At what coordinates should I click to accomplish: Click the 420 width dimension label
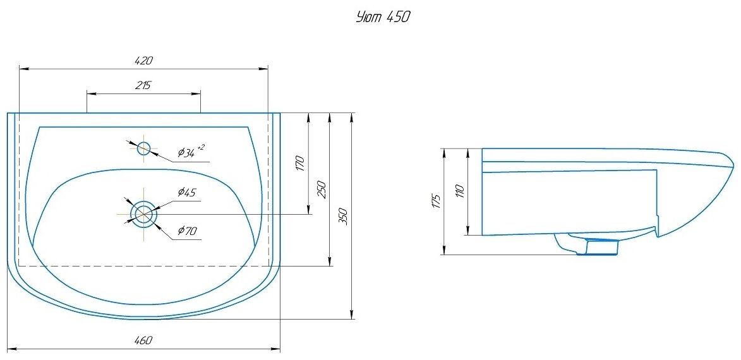[x=144, y=61]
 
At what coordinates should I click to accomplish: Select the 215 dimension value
[x=143, y=86]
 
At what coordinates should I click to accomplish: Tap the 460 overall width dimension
[x=144, y=340]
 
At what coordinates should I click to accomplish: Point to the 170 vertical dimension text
[x=301, y=164]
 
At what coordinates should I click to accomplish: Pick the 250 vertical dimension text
[x=322, y=189]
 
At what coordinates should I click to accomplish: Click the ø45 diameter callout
[x=187, y=192]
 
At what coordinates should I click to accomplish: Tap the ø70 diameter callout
[x=187, y=231]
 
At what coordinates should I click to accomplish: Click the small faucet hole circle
[x=144, y=148]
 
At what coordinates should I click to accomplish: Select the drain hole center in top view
[x=144, y=214]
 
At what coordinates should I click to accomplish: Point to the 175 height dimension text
[x=435, y=201]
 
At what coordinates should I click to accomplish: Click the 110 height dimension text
[x=459, y=191]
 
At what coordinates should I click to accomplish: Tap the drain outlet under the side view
[x=597, y=247]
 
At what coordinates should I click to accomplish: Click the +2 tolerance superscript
[x=201, y=147]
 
